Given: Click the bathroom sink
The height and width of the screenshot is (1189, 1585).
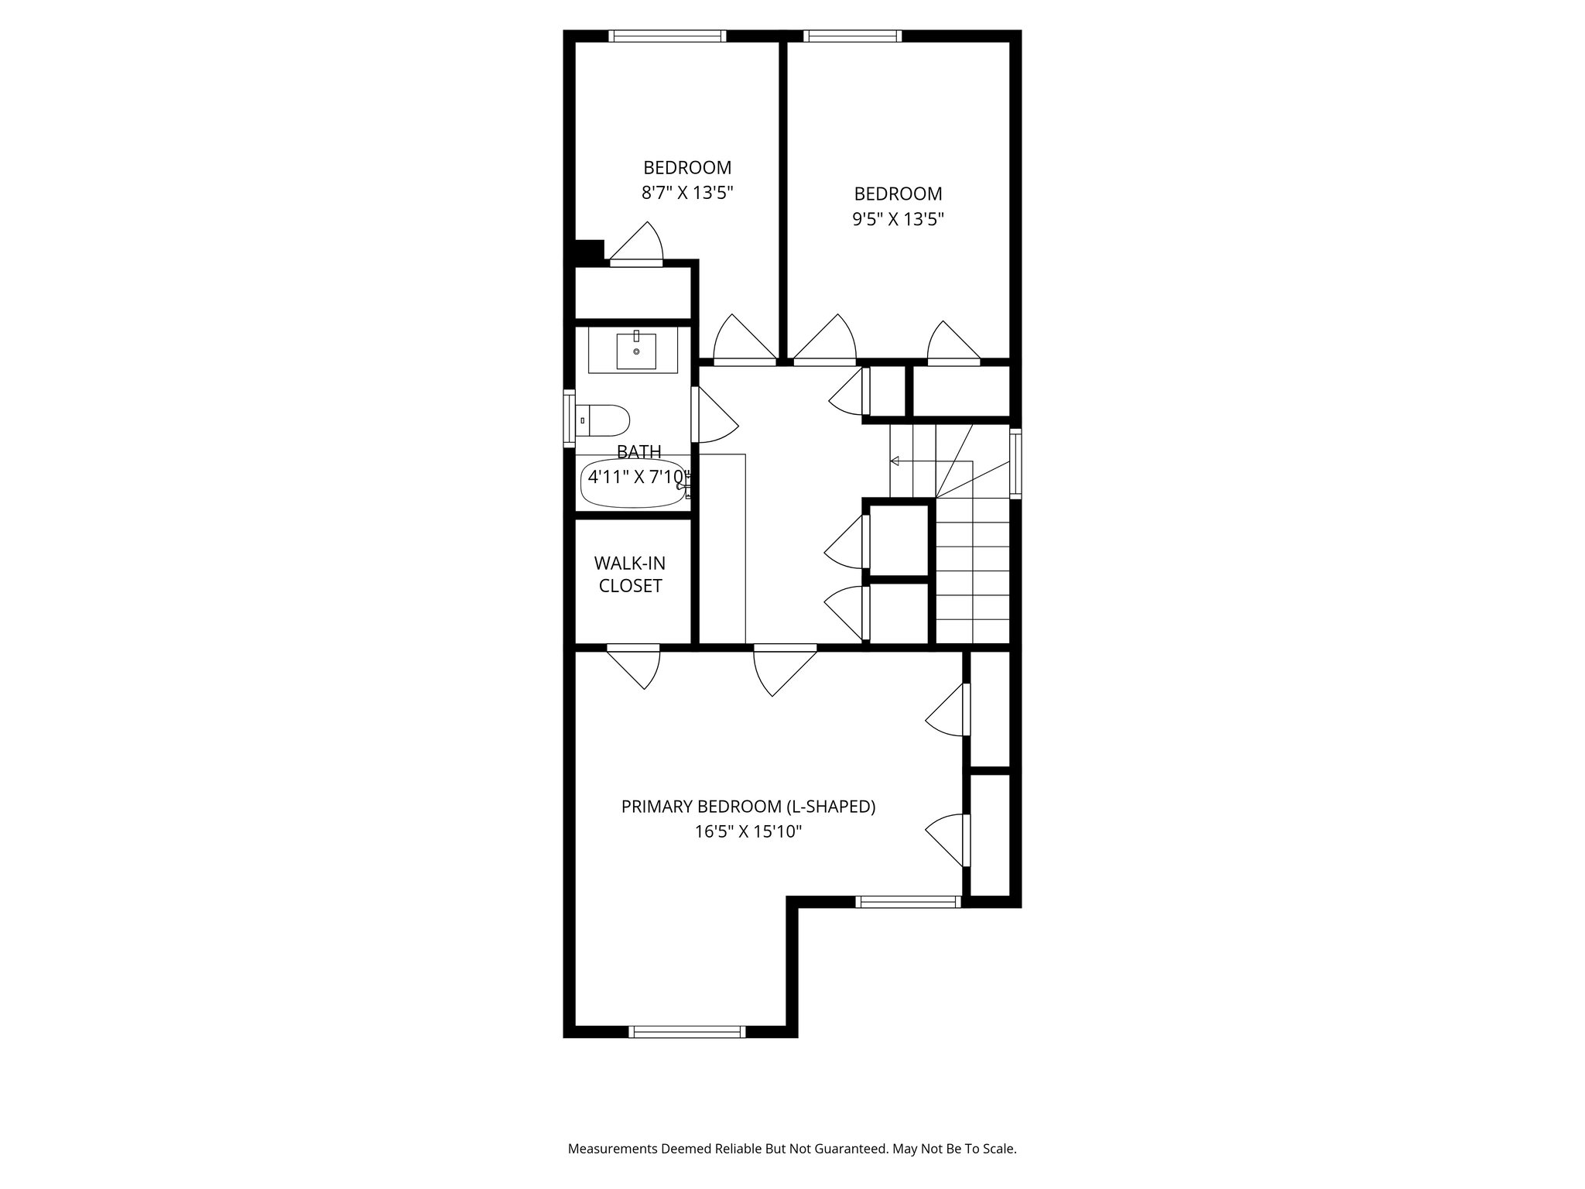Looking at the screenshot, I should click(636, 351).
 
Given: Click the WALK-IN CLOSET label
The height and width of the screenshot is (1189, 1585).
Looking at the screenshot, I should click(630, 574).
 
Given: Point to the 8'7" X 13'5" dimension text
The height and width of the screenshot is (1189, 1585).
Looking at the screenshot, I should click(687, 193).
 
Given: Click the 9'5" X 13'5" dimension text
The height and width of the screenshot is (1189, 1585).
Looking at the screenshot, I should click(898, 219).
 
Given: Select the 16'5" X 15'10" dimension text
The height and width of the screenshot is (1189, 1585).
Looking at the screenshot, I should click(748, 832).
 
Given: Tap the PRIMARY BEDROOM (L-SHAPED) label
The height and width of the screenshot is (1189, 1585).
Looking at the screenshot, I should click(748, 807).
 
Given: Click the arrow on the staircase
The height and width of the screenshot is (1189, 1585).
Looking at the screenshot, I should click(895, 461).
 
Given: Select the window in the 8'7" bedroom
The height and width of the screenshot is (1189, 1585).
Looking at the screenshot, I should click(667, 36).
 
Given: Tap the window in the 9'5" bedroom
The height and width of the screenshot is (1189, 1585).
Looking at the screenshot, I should click(853, 36).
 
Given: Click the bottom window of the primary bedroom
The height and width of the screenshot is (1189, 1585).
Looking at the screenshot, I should click(687, 1031).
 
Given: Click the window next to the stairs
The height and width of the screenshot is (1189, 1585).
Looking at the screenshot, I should click(1015, 463).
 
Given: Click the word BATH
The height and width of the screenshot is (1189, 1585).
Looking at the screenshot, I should click(638, 451).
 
